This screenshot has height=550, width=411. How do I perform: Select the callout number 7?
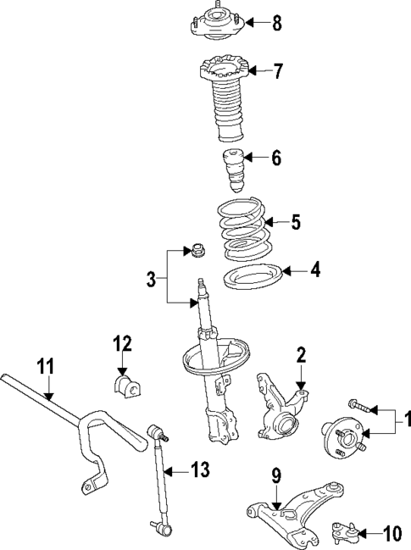coord(277,70)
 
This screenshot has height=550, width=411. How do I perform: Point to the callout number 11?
coord(45,367)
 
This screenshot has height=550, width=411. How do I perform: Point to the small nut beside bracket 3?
coord(195,251)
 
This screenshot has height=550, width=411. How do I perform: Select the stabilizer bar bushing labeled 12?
coord(123,386)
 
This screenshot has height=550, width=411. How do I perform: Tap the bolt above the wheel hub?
coord(359,409)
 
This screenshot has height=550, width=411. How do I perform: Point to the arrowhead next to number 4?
coord(286,271)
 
